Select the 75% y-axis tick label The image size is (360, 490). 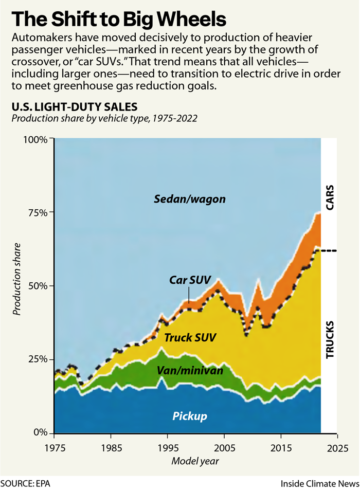click(x=38, y=213)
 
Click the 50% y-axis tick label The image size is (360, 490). click(x=38, y=286)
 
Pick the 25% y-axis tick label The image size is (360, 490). click(x=38, y=359)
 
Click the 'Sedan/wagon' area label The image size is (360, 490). click(x=190, y=198)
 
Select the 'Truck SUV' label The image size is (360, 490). click(x=190, y=338)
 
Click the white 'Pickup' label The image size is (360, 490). click(x=190, y=416)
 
